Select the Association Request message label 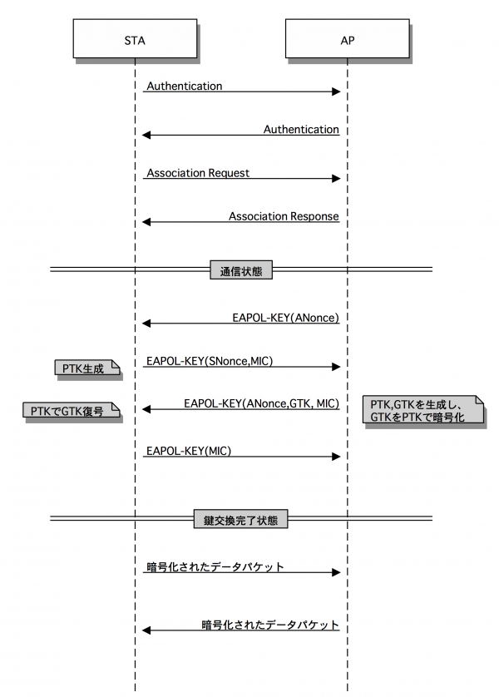tap(198, 173)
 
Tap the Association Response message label tap(284, 216)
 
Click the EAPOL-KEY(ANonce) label tap(285, 317)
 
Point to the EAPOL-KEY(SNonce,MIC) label tap(210, 361)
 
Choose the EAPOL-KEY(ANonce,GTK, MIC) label tap(261, 403)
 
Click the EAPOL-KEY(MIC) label tap(188, 450)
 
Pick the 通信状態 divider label tap(240, 269)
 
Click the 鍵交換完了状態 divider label tap(240, 521)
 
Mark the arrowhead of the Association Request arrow tap(336, 179)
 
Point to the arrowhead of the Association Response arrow tap(146, 222)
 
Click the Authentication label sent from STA tap(184, 86)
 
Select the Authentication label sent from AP tap(301, 130)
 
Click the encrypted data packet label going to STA tap(270, 624)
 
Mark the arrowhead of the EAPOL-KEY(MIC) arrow tap(336, 456)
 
